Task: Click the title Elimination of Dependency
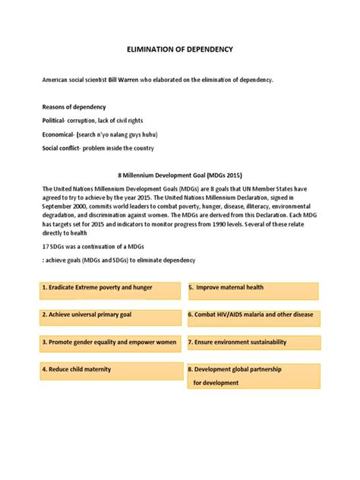[179, 49]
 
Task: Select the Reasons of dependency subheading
[74, 107]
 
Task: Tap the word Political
[57, 121]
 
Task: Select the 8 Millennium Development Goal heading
[180, 175]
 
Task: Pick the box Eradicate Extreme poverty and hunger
[108, 289]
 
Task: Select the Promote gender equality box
[108, 343]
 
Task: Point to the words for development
[216, 384]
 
